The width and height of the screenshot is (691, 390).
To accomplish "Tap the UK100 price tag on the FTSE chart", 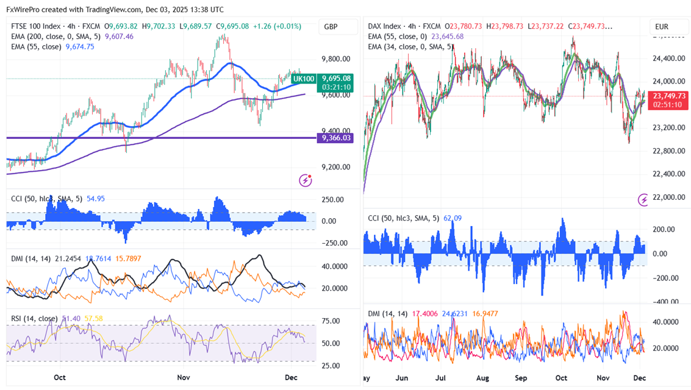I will pyautogui.click(x=304, y=79).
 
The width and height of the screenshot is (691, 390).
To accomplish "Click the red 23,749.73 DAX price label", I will pyautogui.click(x=669, y=96).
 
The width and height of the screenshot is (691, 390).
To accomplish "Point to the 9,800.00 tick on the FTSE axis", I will pyautogui.click(x=336, y=59).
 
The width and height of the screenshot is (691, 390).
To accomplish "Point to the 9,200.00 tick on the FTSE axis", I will pyautogui.click(x=336, y=167).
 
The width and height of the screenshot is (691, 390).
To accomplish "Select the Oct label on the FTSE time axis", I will pyautogui.click(x=59, y=377).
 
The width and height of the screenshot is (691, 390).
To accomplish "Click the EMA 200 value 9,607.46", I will pyautogui.click(x=120, y=37).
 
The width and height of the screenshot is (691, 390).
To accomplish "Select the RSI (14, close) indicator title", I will pyautogui.click(x=34, y=318).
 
